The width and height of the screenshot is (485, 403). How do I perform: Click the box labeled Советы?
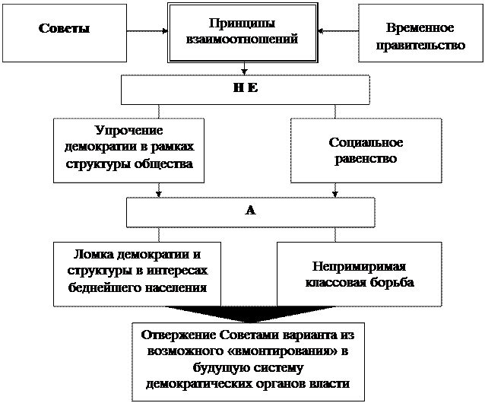[x=65, y=33]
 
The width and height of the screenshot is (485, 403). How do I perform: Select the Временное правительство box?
[x=420, y=33]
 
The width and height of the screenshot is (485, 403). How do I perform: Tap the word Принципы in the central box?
[x=242, y=24]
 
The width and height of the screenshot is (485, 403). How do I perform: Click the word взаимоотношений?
[x=242, y=40]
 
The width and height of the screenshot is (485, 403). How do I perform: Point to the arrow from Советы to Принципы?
[x=147, y=31]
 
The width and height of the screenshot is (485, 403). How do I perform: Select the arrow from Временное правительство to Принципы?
[x=338, y=31]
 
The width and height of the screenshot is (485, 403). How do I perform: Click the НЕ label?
[x=246, y=88]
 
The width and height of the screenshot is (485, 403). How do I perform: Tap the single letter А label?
[x=251, y=211]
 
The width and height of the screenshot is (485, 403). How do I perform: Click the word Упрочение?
[x=128, y=131]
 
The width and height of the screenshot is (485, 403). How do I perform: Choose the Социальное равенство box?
[x=366, y=151]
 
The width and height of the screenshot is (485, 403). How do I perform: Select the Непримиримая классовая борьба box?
[x=359, y=274]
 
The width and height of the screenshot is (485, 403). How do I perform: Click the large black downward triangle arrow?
[x=250, y=313]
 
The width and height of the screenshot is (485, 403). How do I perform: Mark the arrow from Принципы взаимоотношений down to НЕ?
[x=244, y=68]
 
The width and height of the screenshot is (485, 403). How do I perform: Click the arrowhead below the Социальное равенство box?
[x=335, y=194]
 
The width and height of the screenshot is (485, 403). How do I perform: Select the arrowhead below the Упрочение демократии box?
[x=159, y=194]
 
